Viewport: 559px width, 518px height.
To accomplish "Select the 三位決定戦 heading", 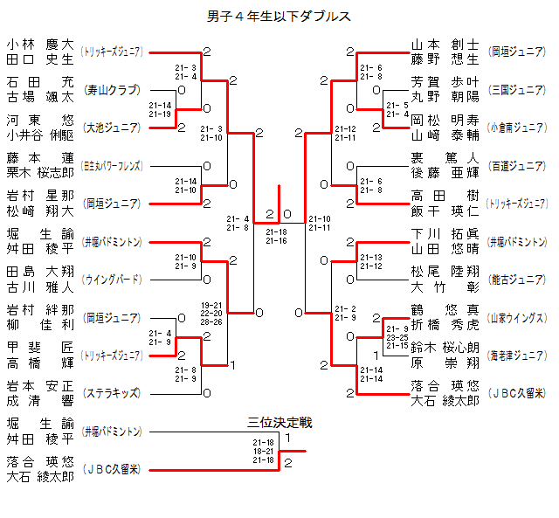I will click(279, 423).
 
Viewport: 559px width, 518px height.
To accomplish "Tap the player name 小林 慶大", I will click(39, 45).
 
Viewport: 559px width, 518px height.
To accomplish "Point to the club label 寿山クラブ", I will click(111, 89).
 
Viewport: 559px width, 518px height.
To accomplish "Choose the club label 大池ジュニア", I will click(111, 128).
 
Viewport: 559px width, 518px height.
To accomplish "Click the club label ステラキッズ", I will click(111, 393).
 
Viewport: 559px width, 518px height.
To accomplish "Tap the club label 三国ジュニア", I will click(518, 89).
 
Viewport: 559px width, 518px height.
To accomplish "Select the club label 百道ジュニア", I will click(518, 165).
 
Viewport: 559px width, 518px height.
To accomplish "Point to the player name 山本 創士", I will click(445, 45).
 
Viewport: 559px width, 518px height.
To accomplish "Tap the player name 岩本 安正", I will click(39, 386).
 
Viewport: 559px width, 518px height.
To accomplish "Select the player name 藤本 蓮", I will click(39, 158).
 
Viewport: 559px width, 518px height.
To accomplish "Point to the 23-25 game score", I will click(397, 336).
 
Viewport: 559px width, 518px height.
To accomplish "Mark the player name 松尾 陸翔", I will click(445, 273).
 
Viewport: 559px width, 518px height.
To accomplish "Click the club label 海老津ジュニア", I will click(518, 356).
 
